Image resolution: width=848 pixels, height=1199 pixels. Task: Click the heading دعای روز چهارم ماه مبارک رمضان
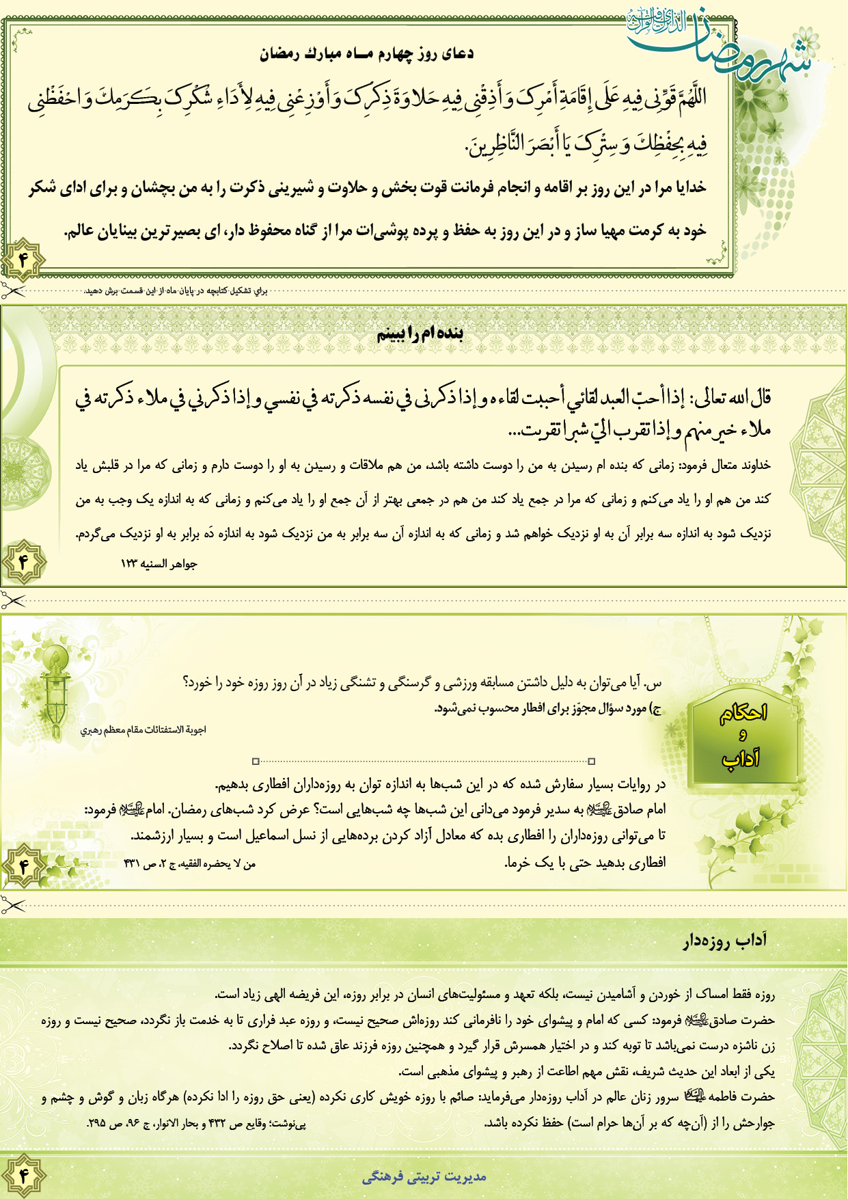(366, 54)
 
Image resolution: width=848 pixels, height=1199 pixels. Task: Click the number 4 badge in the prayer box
(23, 260)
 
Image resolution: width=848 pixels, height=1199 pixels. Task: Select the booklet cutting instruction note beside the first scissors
(176, 291)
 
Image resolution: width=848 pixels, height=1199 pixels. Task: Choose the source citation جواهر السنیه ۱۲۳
(159, 564)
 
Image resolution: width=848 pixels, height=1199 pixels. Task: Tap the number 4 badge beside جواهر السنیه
(23, 562)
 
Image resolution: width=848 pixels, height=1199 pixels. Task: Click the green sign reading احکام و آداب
(743, 736)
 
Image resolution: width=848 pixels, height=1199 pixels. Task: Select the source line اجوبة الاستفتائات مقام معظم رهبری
(143, 729)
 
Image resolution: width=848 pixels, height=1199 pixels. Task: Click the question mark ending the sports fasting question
(187, 682)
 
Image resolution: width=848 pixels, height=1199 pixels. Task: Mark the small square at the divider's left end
(256, 761)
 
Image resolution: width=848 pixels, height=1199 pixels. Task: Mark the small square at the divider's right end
(592, 761)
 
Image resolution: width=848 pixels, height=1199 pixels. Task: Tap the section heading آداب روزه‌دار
(724, 941)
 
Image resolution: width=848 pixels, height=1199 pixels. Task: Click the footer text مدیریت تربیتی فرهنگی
(424, 1176)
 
